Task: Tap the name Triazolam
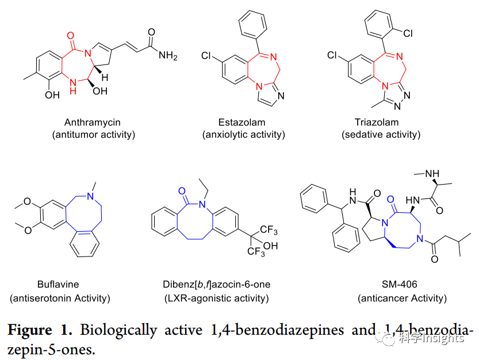pyautogui.click(x=377, y=122)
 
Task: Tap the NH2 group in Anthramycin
pyautogui.click(x=168, y=56)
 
